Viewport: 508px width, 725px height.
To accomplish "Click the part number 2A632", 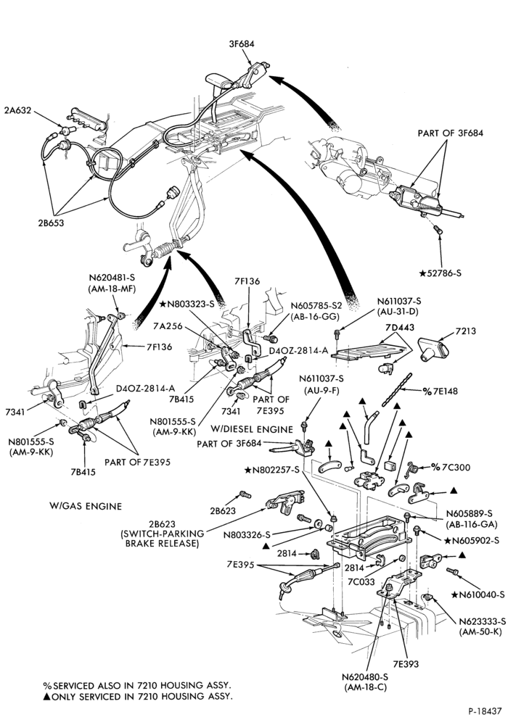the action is click(x=17, y=110).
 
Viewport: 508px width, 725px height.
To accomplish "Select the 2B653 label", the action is click(x=51, y=223).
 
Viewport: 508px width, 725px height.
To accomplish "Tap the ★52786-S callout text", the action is click(x=440, y=273).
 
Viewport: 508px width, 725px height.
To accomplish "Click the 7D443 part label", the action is click(x=399, y=328).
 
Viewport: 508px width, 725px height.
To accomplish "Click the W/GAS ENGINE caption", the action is click(x=86, y=506).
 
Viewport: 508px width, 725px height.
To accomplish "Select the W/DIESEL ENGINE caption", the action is click(x=252, y=429).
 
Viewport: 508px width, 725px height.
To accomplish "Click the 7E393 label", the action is click(x=406, y=663).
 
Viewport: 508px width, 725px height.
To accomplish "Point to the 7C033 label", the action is click(x=361, y=581).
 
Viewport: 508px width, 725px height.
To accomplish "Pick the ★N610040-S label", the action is click(x=478, y=594).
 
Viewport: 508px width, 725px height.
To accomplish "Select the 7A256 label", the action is click(x=167, y=325).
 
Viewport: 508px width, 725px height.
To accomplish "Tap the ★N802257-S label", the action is click(x=273, y=470).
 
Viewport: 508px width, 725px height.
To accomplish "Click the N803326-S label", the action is click(x=247, y=535).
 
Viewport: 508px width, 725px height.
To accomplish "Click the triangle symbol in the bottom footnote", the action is click(x=46, y=696).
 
